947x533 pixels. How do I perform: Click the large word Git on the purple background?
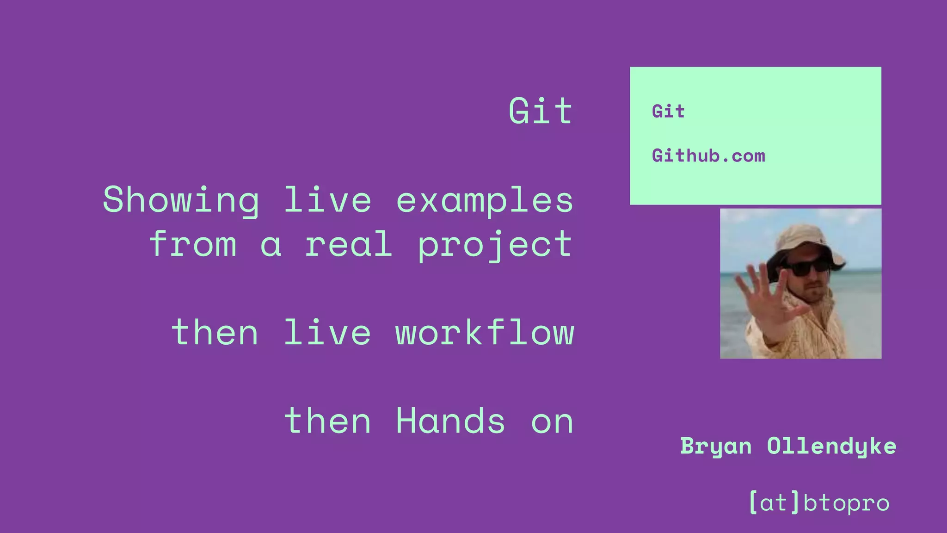pyautogui.click(x=540, y=111)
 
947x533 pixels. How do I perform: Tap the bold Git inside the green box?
pyautogui.click(x=668, y=112)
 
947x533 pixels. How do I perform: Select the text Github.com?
pyautogui.click(x=708, y=156)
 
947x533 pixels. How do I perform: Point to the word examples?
pyautogui.click(x=484, y=200)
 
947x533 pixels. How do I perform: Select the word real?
pyautogui.click(x=349, y=244)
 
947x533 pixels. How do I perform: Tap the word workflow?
pyautogui.click(x=484, y=332)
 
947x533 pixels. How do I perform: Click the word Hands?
pyautogui.click(x=450, y=421)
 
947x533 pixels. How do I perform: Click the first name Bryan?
pyautogui.click(x=715, y=446)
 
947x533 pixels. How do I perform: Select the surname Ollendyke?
pyautogui.click(x=831, y=446)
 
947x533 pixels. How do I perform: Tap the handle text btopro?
pyautogui.click(x=846, y=503)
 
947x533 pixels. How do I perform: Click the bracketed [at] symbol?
pyautogui.click(x=774, y=502)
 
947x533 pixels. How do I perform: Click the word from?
pyautogui.click(x=193, y=244)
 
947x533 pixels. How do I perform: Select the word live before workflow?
pyautogui.click(x=327, y=332)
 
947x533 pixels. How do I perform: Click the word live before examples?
pyautogui.click(x=327, y=200)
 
